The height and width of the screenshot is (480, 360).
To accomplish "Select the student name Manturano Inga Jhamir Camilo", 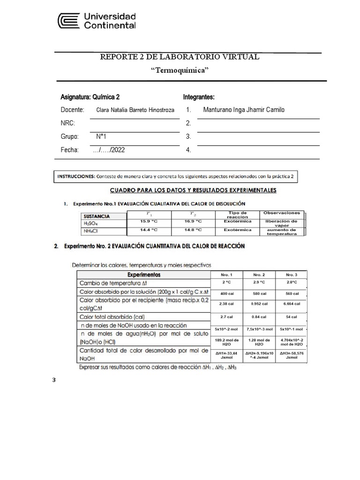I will (243, 110).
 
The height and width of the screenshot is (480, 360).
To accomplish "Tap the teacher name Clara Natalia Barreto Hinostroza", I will (135, 110).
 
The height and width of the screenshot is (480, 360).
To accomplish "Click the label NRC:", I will (67, 123).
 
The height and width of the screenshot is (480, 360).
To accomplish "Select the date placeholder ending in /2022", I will (109, 150).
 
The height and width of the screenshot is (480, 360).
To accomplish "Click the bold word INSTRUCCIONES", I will (75, 177).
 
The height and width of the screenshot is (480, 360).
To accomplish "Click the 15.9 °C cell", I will (149, 221).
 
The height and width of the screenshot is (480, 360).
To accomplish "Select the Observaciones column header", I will (281, 213).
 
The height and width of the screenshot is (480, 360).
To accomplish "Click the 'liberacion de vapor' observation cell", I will (281, 223).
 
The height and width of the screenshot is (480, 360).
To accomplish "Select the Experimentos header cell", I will (146, 274).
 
